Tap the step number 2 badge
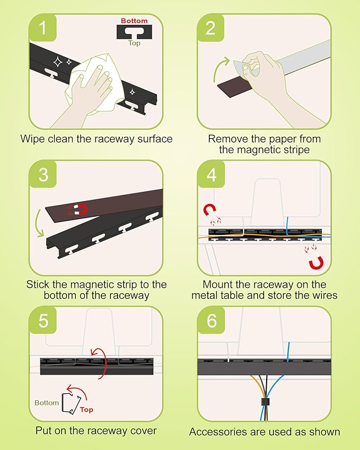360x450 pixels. point(211,28)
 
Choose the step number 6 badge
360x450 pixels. point(211,321)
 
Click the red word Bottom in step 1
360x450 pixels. point(135,21)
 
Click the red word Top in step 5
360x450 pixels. point(86,410)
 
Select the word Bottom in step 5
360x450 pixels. point(47,403)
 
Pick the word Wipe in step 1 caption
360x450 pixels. point(31,139)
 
